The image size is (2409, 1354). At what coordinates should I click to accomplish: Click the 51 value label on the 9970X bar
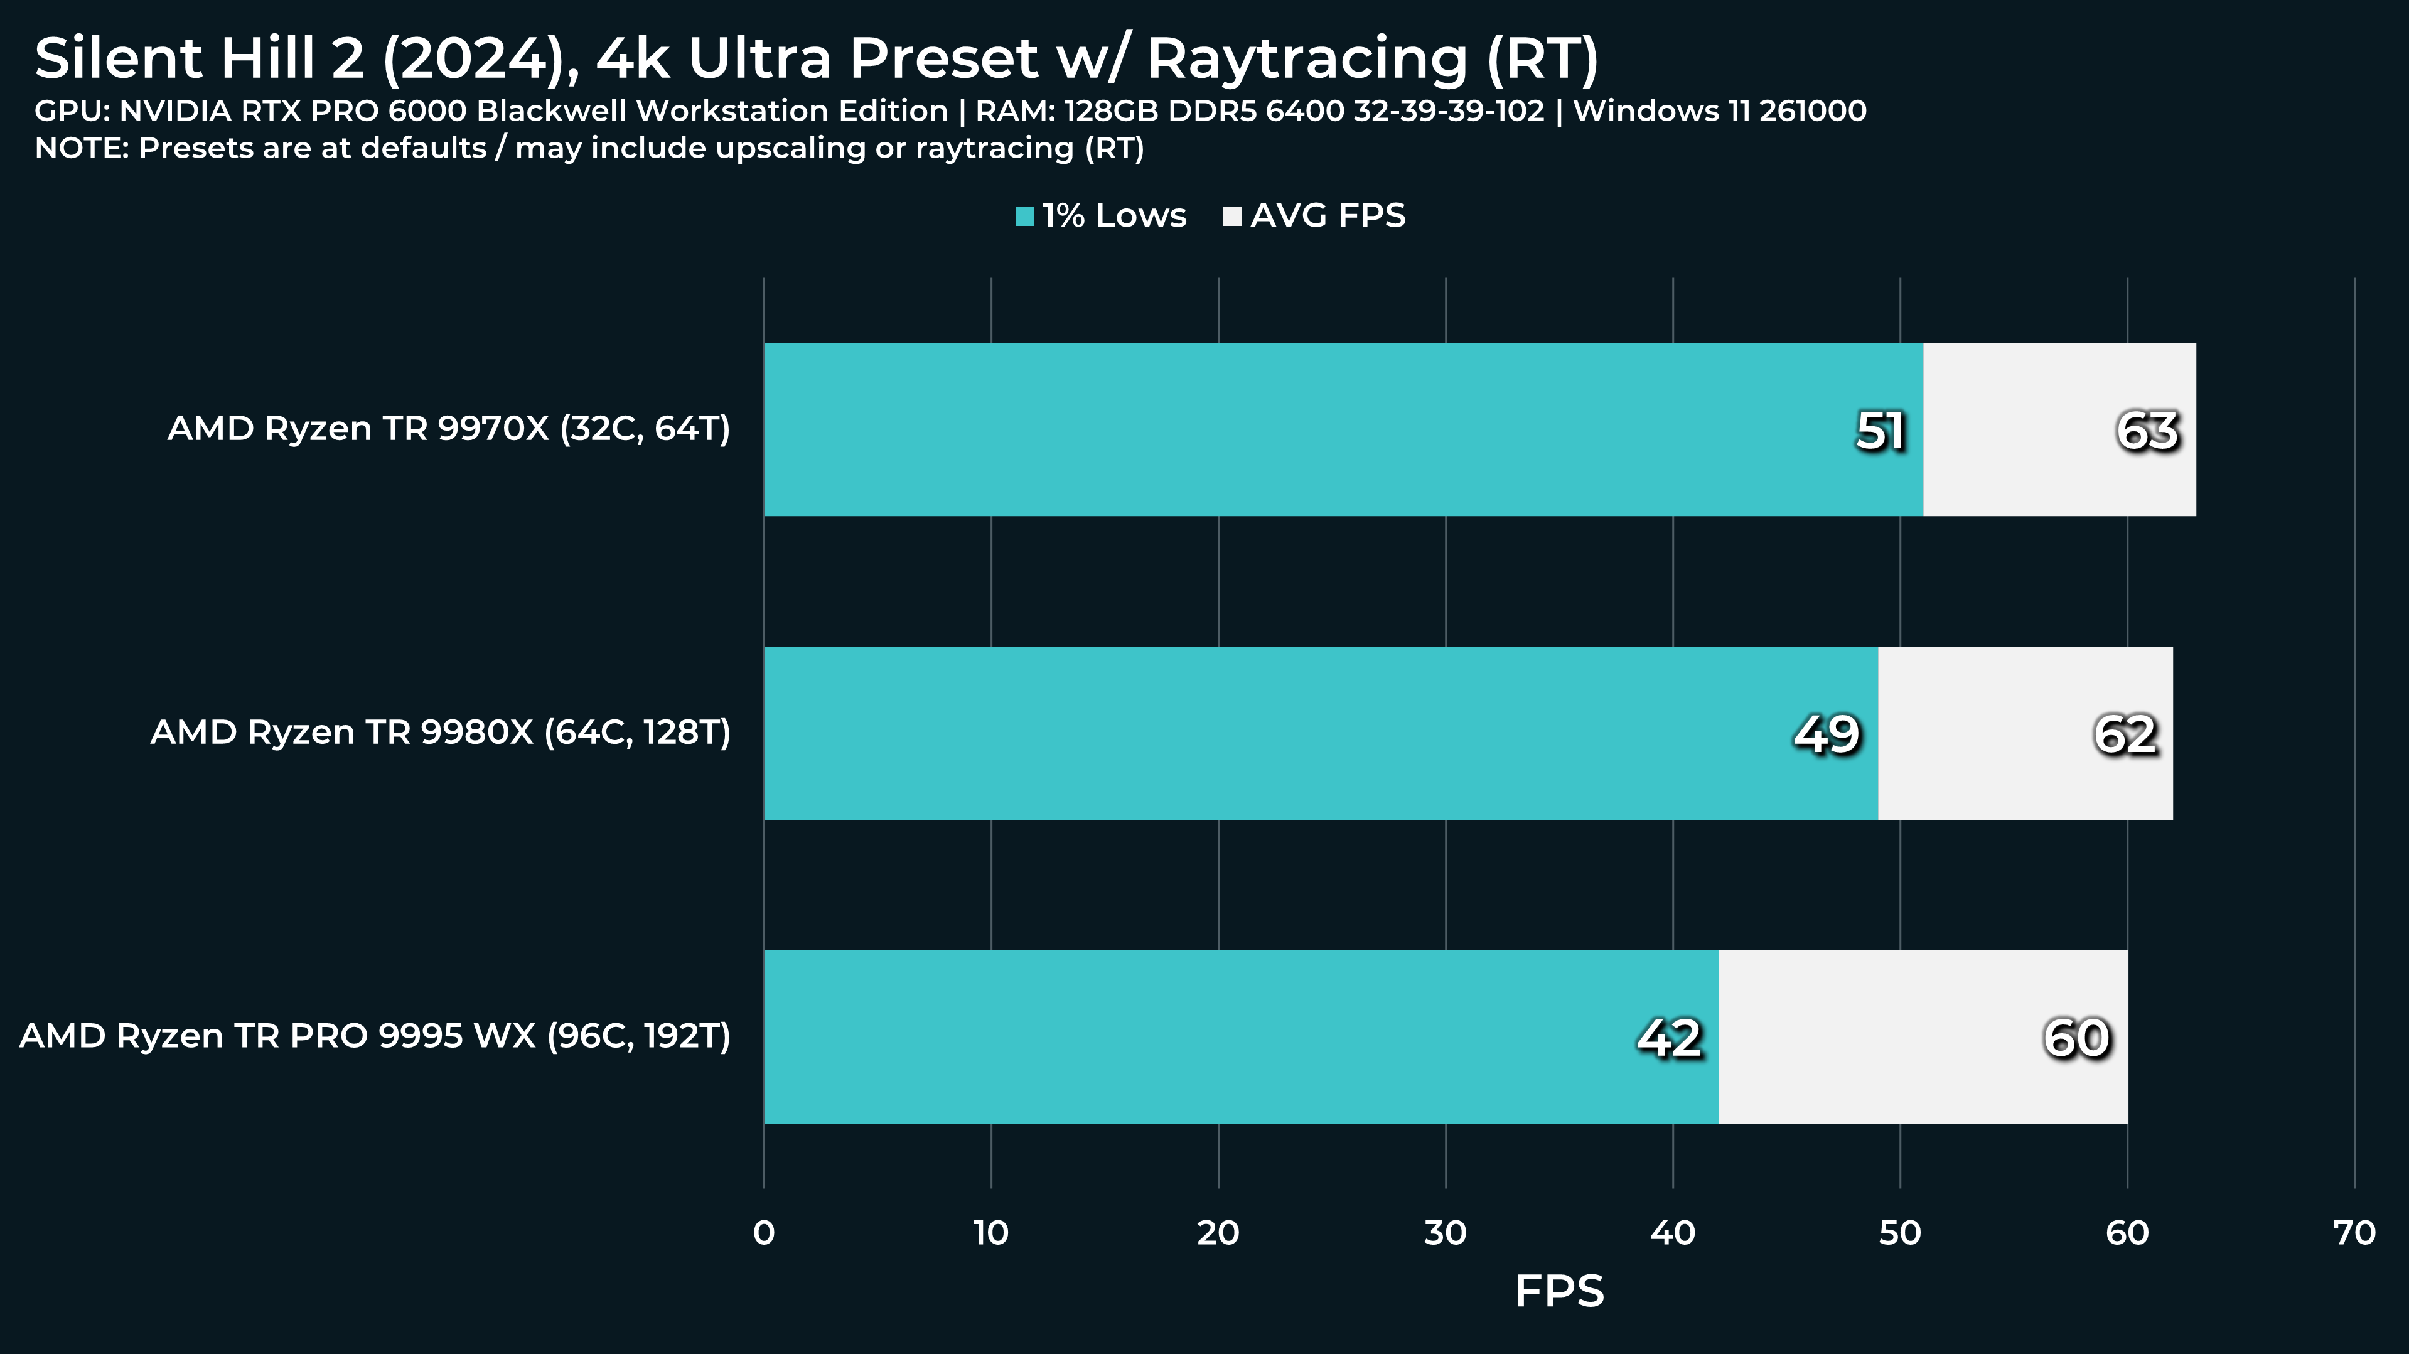coord(1880,431)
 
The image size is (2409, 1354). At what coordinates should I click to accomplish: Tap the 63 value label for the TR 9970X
coord(2147,431)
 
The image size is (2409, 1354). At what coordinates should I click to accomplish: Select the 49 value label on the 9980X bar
coord(1827,734)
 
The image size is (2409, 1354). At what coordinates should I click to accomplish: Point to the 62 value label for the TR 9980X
coord(2125,734)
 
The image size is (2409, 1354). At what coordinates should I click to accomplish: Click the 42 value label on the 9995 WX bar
coord(1669,1038)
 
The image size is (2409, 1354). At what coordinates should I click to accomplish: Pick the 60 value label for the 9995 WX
coord(2076,1038)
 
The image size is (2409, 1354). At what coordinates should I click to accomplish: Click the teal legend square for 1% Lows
coord(1025,217)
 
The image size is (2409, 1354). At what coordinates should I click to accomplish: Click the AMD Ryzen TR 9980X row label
coord(441,732)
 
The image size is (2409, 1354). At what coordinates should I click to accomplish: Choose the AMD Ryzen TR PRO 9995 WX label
coord(375,1036)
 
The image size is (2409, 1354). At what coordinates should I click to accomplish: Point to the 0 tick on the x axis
coord(763,1233)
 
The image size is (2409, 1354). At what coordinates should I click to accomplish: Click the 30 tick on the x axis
coord(1445,1233)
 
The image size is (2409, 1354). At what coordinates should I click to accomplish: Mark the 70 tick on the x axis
coord(2354,1233)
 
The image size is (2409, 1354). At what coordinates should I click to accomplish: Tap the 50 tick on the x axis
coord(1899,1233)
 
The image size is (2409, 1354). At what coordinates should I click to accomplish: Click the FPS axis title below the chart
coord(1559,1291)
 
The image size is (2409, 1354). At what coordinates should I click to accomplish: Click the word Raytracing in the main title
coord(1307,60)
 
